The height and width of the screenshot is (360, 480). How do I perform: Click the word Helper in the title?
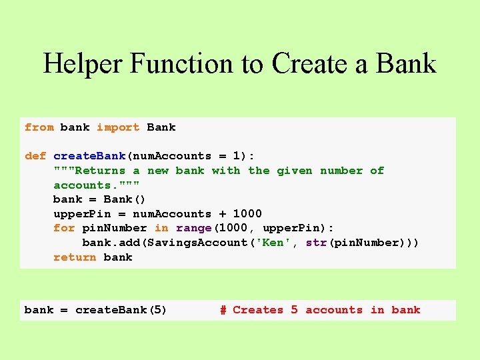[x=83, y=64]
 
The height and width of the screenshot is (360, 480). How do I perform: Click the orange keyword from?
[x=39, y=127]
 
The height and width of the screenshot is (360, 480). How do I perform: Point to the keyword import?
[x=118, y=127]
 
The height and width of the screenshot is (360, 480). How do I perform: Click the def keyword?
[x=35, y=156]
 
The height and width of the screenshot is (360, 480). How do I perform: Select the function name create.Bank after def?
[x=89, y=156]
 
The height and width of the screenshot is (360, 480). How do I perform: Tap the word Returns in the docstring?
[x=100, y=171]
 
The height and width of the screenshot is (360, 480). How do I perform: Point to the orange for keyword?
[x=64, y=228]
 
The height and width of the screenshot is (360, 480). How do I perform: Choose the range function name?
[x=193, y=228]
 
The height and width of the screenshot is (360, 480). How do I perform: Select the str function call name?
[x=316, y=243]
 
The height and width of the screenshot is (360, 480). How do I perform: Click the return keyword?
[x=75, y=257]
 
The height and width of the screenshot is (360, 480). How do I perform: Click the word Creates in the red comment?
[x=258, y=310]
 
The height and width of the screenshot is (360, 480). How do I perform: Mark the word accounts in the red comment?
[x=334, y=310]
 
